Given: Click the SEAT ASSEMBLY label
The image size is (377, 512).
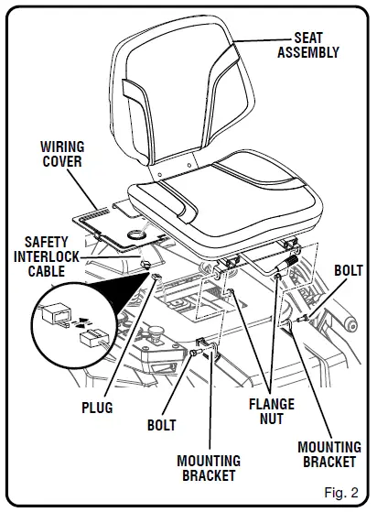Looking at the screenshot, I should pos(307,45).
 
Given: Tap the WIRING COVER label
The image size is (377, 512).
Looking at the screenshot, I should pos(62,154).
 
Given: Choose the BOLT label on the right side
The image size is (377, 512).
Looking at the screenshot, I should pos(349,272).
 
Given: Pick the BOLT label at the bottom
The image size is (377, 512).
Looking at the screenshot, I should pos(161,426).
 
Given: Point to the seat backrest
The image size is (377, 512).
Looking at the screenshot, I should pos(183,101).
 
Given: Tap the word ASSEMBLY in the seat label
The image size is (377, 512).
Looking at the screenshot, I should pos(307,52).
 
